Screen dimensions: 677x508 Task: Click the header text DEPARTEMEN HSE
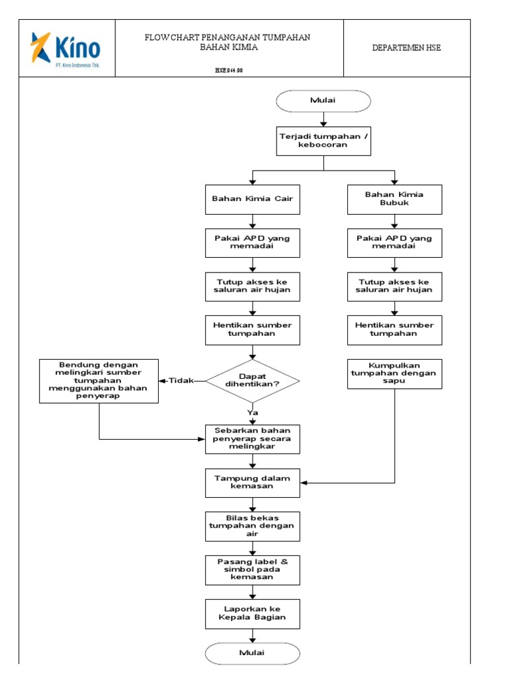(x=406, y=48)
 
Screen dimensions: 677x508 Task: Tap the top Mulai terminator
(x=323, y=100)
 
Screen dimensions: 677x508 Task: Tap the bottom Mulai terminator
(x=252, y=653)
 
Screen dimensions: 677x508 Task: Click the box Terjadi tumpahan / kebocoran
(x=323, y=141)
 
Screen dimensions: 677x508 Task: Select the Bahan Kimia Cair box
(x=252, y=199)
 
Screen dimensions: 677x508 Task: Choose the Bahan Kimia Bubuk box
(x=394, y=199)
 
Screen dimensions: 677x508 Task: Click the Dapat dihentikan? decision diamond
(x=252, y=381)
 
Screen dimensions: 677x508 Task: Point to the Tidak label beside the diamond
(x=181, y=381)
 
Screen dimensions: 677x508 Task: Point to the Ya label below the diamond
(x=252, y=412)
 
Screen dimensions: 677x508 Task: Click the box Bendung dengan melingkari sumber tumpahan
(x=99, y=381)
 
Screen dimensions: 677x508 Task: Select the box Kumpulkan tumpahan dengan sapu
(x=394, y=373)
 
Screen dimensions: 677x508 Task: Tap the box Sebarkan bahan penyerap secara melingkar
(x=252, y=438)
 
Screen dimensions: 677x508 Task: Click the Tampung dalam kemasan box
(x=252, y=482)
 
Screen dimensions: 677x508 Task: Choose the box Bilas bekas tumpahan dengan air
(x=252, y=526)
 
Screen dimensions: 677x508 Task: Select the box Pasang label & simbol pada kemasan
(x=252, y=569)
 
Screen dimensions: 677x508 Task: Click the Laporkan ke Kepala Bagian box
(x=252, y=613)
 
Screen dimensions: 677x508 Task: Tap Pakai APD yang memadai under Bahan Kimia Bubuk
(x=394, y=243)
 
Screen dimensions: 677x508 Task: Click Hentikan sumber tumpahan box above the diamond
(x=252, y=330)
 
